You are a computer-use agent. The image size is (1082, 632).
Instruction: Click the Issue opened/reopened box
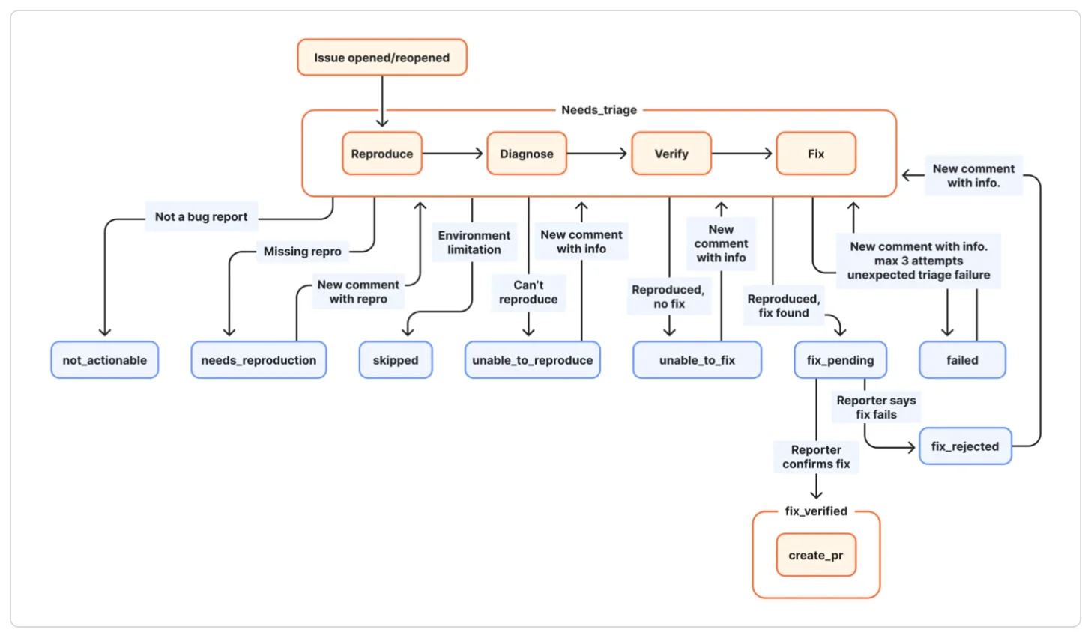pos(382,58)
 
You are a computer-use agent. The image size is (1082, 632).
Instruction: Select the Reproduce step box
pos(382,154)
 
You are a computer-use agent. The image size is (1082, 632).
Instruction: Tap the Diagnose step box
pos(527,154)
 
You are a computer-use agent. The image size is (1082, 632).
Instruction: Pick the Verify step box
pos(671,154)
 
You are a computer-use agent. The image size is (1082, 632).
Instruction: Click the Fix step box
pos(816,154)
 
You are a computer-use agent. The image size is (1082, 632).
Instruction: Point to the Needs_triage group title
pos(599,110)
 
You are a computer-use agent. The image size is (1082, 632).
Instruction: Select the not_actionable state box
pos(105,360)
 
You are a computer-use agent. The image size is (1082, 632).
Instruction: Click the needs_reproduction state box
pos(259,360)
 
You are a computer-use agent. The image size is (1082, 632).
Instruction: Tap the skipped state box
pos(396,360)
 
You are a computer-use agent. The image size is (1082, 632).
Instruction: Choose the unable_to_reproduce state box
pos(533,360)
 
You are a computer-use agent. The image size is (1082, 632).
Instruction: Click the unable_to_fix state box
pos(697,360)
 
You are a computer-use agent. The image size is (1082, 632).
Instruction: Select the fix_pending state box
pos(841,360)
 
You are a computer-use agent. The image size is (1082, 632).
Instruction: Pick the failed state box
pos(962,360)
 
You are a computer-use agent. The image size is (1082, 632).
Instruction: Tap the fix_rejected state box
pos(965,446)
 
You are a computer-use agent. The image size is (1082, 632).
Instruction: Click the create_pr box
pos(816,555)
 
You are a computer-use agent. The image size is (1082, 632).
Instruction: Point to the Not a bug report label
pos(201,217)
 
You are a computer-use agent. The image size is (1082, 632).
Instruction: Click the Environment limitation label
pos(474,243)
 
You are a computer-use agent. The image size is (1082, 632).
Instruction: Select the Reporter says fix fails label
pos(876,407)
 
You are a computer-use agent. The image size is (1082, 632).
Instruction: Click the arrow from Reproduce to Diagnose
pos(453,154)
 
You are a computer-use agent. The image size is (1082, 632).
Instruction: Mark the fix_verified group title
pos(816,511)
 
